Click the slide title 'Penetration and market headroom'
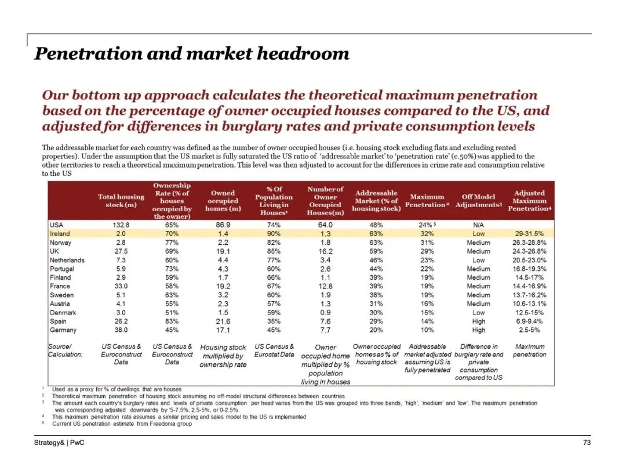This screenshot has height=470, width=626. click(x=192, y=54)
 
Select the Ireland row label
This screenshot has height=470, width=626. click(x=60, y=234)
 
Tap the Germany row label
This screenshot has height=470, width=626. click(x=63, y=330)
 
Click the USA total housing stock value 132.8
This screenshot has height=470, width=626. click(x=121, y=225)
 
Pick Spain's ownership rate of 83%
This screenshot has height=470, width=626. click(x=172, y=321)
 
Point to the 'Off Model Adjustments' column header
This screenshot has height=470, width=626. click(x=478, y=201)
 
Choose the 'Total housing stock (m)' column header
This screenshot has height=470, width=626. click(x=121, y=201)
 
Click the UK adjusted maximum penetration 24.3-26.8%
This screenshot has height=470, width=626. click(x=529, y=251)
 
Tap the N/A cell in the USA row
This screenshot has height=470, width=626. click(x=478, y=225)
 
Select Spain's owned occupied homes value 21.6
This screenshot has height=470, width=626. click(x=223, y=321)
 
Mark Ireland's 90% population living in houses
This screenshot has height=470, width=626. click(x=274, y=234)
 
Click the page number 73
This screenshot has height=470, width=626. click(x=587, y=443)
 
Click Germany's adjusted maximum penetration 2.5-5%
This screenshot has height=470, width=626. click(x=529, y=330)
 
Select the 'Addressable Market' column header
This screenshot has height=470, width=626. click(x=376, y=201)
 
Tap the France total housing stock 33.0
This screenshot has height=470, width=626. click(x=121, y=286)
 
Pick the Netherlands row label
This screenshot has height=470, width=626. click(x=67, y=260)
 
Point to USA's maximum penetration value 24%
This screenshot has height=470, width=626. click(x=426, y=225)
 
